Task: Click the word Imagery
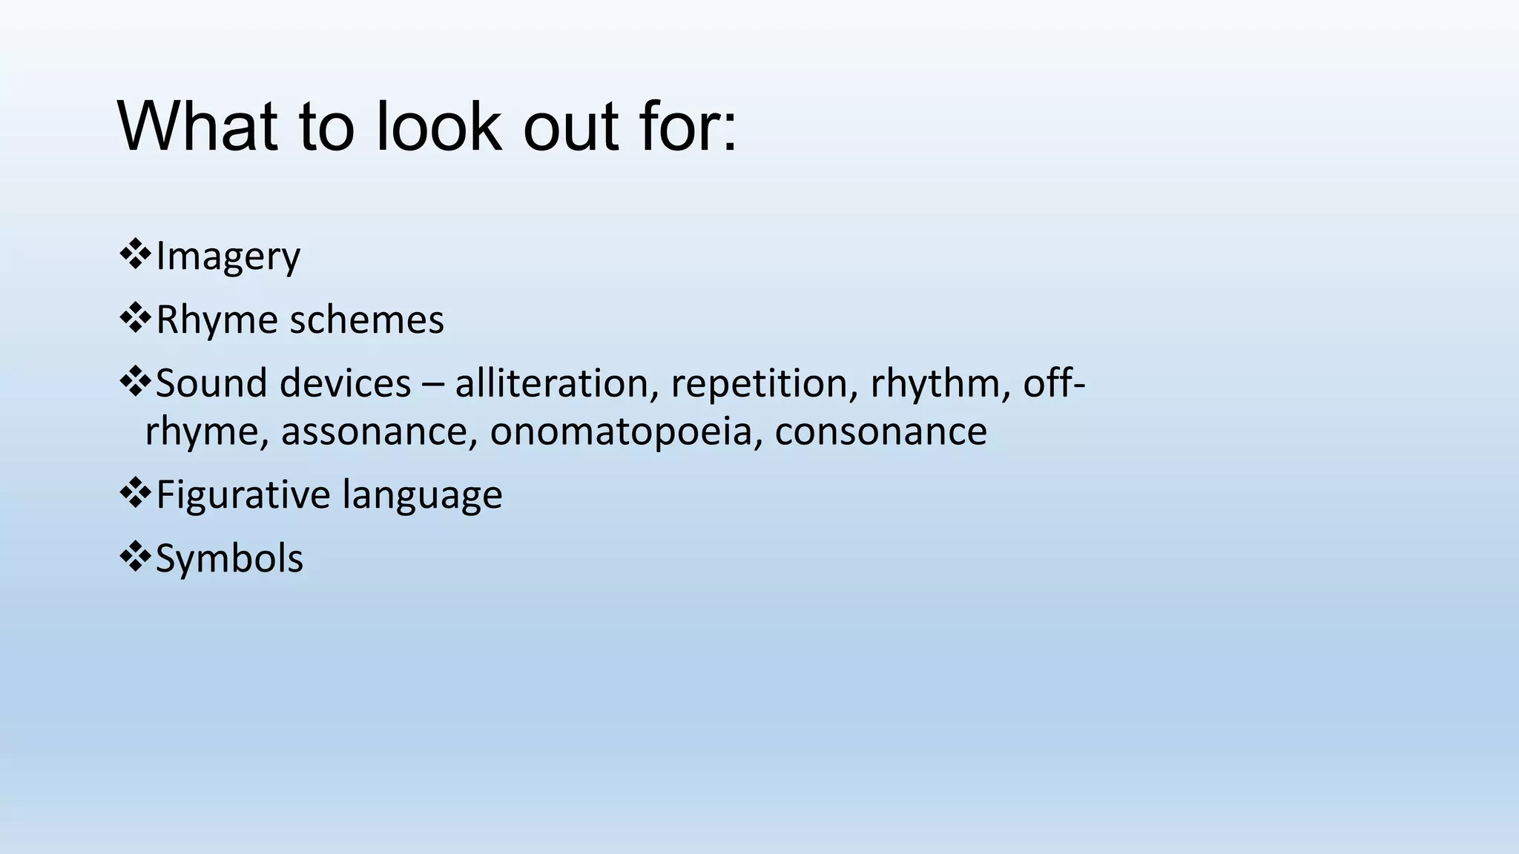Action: (228, 257)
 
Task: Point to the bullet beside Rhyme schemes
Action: (134, 318)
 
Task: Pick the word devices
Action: (346, 383)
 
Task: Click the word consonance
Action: (880, 431)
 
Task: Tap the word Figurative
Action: (243, 495)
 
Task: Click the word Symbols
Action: (229, 558)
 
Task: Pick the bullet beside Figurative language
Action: (134, 493)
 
